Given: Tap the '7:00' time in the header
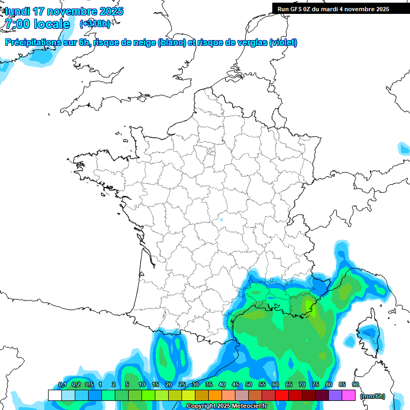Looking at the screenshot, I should click(x=17, y=24).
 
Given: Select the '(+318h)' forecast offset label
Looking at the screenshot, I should click(x=94, y=24).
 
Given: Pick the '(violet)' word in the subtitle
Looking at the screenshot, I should click(x=283, y=43).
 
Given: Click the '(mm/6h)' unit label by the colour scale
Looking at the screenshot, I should click(x=373, y=396).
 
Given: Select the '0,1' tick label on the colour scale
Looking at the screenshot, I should click(x=62, y=385).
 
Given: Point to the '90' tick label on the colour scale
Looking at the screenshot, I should click(x=356, y=385).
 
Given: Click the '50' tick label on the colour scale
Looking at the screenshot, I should click(x=249, y=385).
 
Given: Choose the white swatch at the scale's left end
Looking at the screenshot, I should click(x=54, y=395).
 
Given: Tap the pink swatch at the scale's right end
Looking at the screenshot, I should click(x=349, y=395).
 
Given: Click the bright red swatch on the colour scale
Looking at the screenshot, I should click(x=282, y=395).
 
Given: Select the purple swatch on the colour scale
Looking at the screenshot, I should click(x=335, y=395).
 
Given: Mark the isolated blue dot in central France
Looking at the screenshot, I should click(x=222, y=219).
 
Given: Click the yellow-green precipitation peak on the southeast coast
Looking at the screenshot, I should click(x=309, y=306).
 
